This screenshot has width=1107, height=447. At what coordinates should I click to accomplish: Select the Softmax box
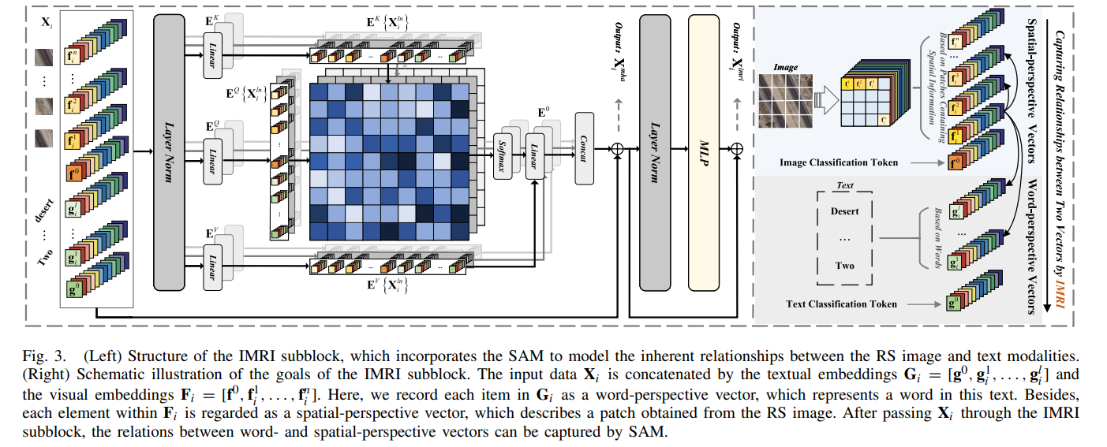[502, 146]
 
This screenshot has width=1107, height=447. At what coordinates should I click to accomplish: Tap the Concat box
[584, 147]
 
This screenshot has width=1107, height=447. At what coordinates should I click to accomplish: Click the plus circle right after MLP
[737, 147]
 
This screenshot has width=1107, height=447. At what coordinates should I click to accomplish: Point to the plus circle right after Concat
[617, 147]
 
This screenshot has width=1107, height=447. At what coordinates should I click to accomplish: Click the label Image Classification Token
[838, 162]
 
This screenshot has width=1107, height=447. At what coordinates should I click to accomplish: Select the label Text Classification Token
[841, 304]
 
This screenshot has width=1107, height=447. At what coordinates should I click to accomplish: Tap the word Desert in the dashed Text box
[844, 211]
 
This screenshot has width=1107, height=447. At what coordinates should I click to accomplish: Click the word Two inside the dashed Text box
[844, 266]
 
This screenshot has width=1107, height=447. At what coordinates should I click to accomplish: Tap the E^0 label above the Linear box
[544, 112]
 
